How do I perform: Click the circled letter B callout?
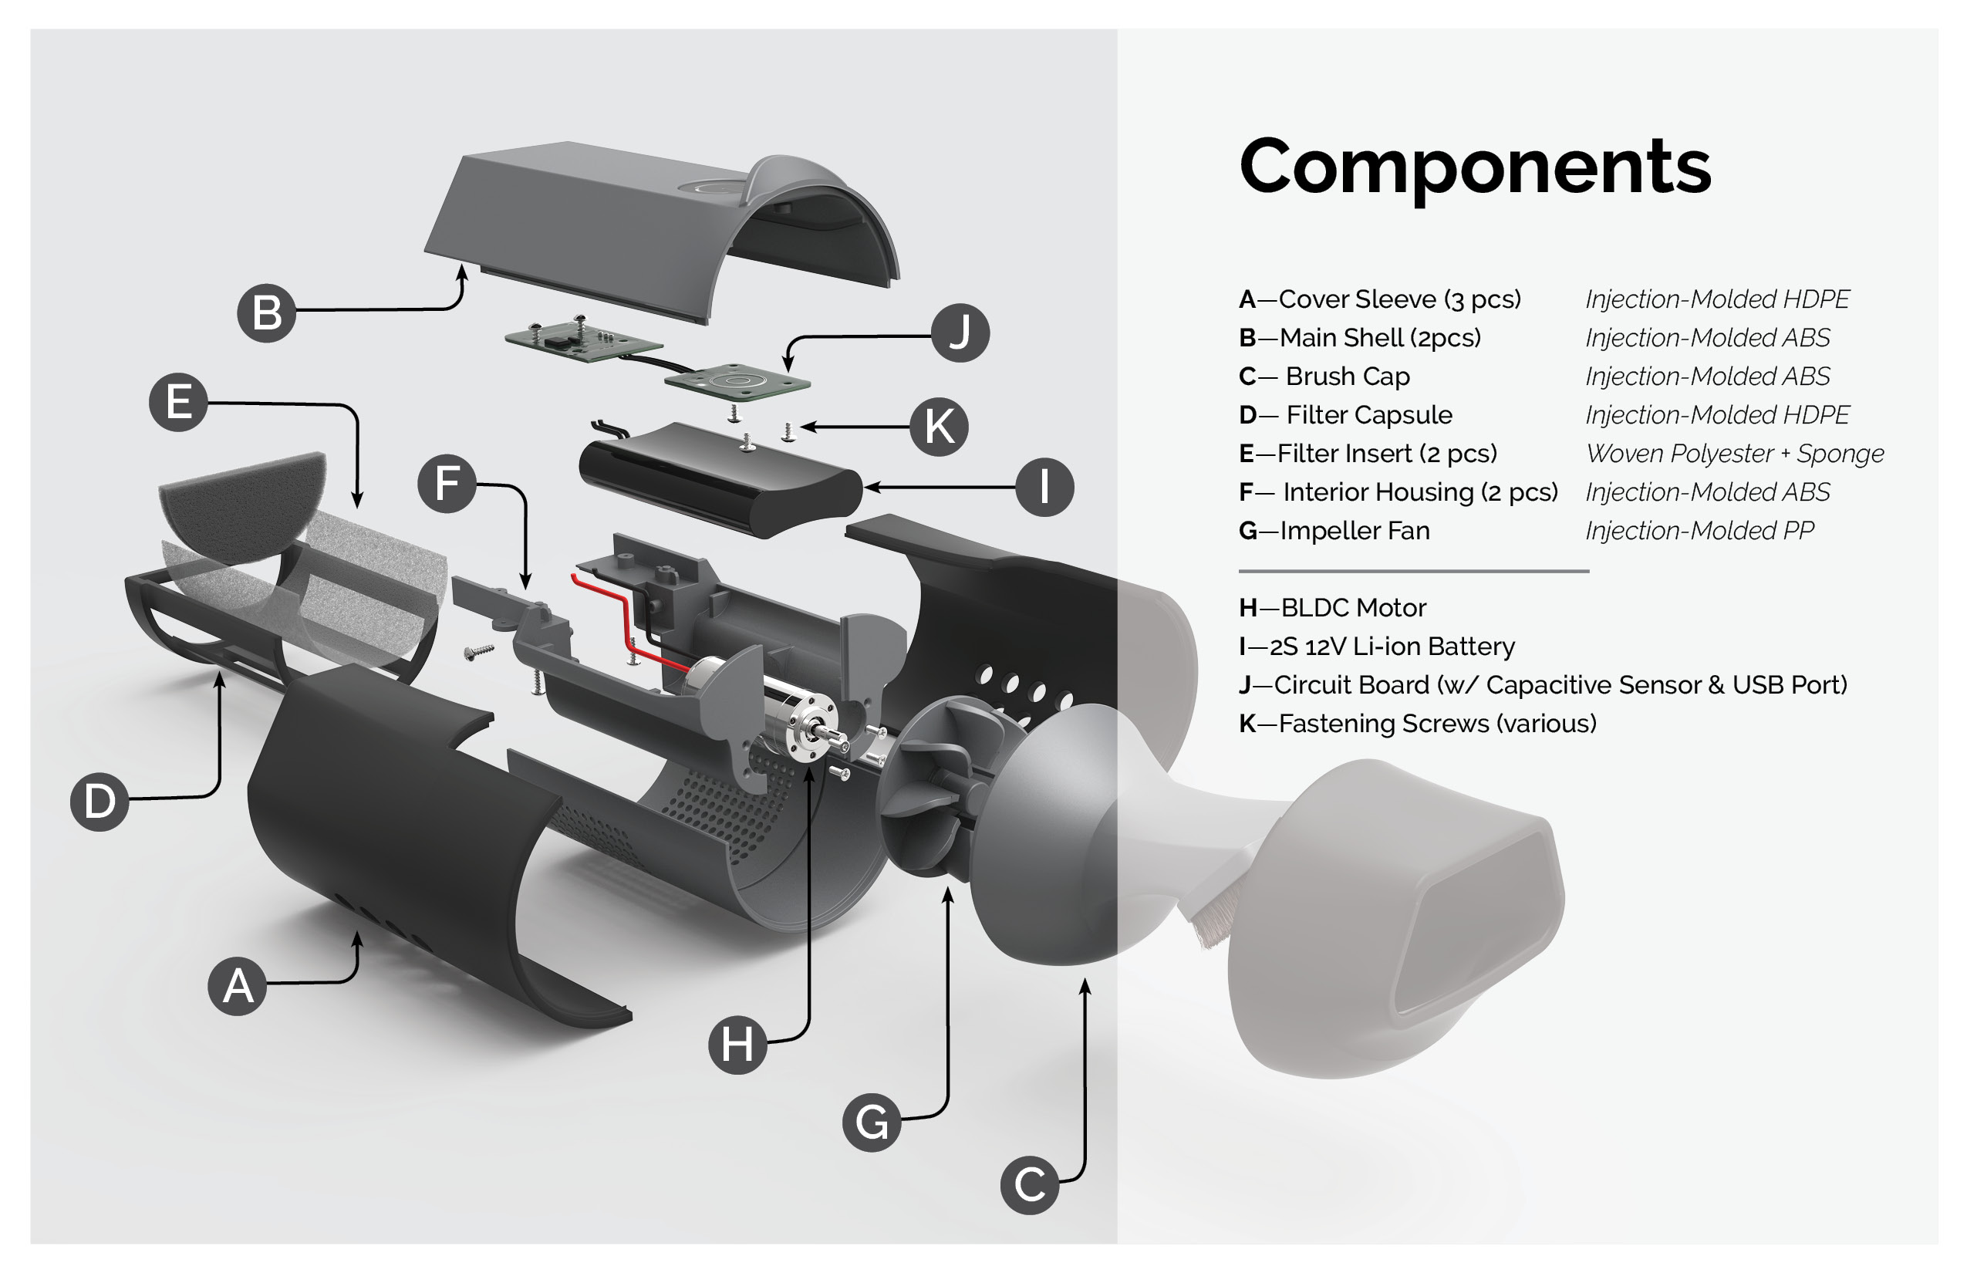coord(266,312)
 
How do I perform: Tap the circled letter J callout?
coord(960,333)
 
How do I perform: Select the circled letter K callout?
coord(939,427)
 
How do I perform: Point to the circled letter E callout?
coord(178,403)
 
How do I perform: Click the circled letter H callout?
coord(737,1044)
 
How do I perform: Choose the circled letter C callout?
coord(1029,1184)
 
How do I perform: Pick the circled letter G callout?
coord(871,1122)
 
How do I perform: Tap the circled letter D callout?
coord(100,801)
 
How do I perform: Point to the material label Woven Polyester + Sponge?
coord(1734,454)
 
